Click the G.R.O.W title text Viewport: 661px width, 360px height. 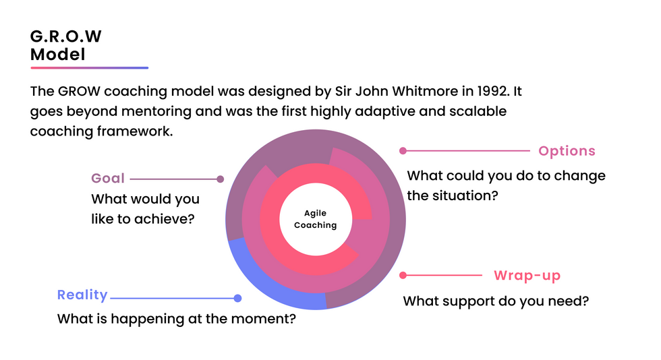[65, 36]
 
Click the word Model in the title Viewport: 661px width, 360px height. [58, 55]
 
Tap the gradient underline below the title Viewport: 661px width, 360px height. [89, 68]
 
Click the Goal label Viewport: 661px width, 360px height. [108, 179]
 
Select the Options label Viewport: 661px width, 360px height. [567, 151]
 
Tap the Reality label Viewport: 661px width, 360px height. [82, 295]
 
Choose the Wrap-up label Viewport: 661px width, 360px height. [527, 276]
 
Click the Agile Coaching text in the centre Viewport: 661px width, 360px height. [315, 220]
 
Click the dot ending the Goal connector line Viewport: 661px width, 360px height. [220, 179]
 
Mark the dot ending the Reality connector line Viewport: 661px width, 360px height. [237, 298]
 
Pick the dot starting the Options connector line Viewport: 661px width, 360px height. [403, 151]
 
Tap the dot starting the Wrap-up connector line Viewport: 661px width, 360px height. [403, 275]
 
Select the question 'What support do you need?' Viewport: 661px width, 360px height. [496, 301]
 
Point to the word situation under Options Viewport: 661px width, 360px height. [465, 196]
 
